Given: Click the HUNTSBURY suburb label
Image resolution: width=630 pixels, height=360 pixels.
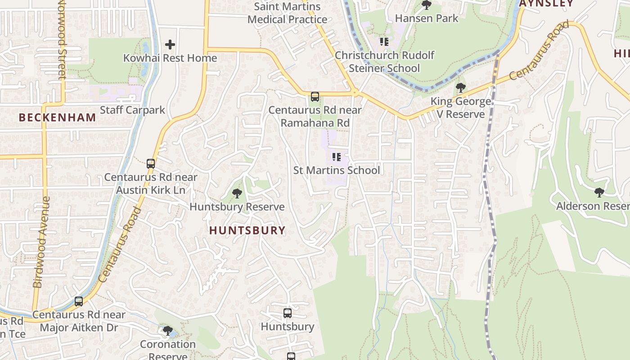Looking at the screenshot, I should pyautogui.click(x=247, y=230).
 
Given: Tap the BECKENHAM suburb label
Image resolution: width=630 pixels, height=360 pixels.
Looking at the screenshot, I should pyautogui.click(x=58, y=117).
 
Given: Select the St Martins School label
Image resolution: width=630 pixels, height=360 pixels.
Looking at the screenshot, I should pyautogui.click(x=337, y=170).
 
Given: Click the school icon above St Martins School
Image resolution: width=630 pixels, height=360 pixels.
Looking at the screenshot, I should pyautogui.click(x=337, y=157).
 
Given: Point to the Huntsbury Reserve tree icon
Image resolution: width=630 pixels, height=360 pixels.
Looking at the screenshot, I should pyautogui.click(x=237, y=193).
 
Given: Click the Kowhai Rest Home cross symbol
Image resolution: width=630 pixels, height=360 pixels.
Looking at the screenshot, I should pyautogui.click(x=170, y=45).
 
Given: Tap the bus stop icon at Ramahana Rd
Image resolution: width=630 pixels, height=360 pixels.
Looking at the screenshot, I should pyautogui.click(x=315, y=96).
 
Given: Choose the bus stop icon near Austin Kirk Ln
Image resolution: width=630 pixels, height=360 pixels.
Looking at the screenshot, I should pyautogui.click(x=151, y=163).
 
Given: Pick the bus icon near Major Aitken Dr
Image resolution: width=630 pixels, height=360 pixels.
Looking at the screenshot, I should pyautogui.click(x=79, y=301).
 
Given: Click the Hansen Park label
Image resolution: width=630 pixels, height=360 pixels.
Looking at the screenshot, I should pyautogui.click(x=427, y=18).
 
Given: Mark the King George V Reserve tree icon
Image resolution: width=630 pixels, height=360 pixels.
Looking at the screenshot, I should pyautogui.click(x=460, y=87).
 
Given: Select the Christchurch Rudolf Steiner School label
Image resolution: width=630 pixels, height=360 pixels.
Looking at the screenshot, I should pyautogui.click(x=384, y=62).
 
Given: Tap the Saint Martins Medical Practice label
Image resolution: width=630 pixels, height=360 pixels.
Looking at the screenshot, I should pyautogui.click(x=287, y=13).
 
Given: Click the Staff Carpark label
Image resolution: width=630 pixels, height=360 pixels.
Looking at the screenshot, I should pyautogui.click(x=132, y=110).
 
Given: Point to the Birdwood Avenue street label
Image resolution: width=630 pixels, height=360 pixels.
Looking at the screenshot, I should pyautogui.click(x=40, y=242).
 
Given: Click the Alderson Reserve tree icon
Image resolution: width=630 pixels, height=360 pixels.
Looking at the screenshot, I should pyautogui.click(x=599, y=193).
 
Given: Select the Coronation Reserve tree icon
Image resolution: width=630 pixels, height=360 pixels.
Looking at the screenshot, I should pyautogui.click(x=167, y=331).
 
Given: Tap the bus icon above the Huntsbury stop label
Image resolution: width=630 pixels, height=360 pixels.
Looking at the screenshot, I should pyautogui.click(x=288, y=313).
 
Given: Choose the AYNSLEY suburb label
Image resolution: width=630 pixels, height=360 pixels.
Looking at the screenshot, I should pyautogui.click(x=546, y=3).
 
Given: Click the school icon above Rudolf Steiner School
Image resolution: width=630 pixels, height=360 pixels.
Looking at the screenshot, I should pyautogui.click(x=384, y=42).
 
